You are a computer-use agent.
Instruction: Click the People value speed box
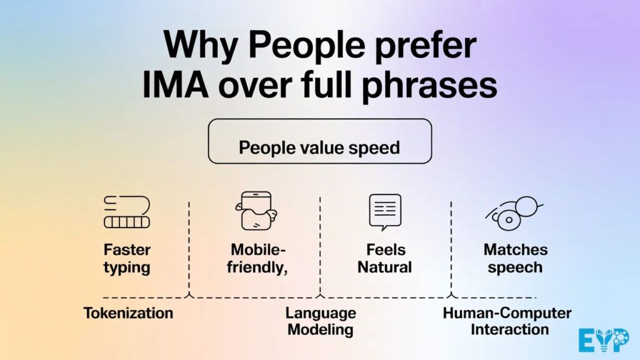(x=319, y=141)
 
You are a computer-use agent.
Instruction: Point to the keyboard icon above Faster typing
(x=127, y=212)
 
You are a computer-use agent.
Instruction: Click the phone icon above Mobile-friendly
(x=256, y=211)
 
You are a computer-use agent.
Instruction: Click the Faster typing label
(x=127, y=259)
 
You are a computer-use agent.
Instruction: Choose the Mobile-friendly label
(x=258, y=259)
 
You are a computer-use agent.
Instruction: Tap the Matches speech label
(x=516, y=259)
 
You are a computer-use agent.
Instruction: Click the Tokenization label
(x=128, y=312)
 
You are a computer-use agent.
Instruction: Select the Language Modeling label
(x=321, y=321)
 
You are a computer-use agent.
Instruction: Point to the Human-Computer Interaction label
(x=507, y=321)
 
